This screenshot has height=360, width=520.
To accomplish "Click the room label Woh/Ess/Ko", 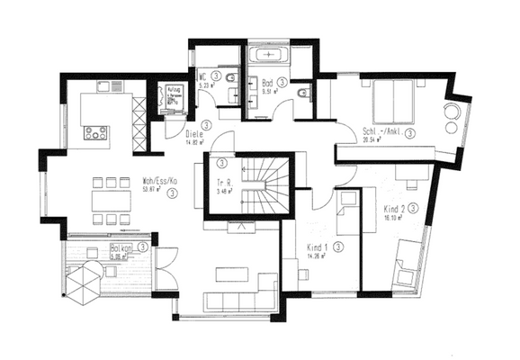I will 158,179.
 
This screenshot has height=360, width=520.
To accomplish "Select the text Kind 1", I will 316,246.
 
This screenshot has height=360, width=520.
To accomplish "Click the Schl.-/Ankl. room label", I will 381,131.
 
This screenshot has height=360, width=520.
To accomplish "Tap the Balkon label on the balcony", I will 122,247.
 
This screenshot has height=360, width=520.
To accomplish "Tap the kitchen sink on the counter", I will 109,87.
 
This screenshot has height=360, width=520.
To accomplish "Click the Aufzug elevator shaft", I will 170,97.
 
